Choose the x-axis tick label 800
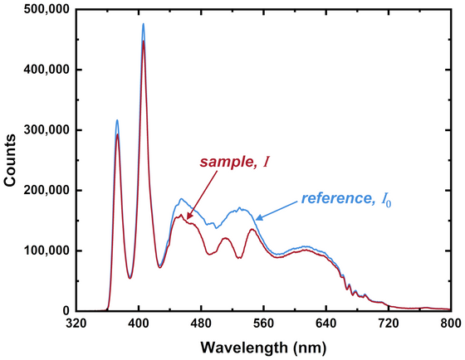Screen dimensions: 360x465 click(449, 324)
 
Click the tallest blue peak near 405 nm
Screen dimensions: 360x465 click(143, 24)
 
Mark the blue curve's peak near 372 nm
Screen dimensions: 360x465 click(117, 120)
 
